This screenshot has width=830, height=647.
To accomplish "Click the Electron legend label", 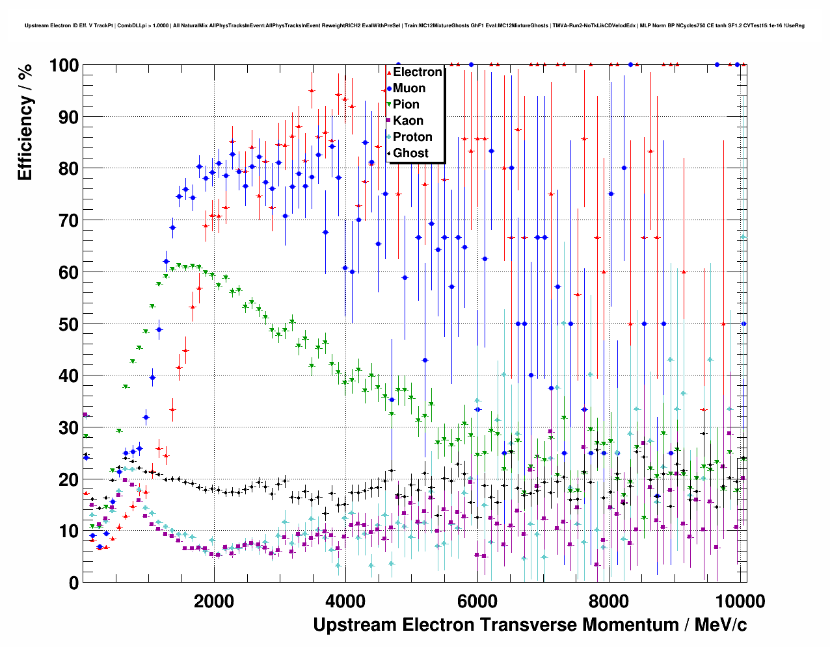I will pos(418,72).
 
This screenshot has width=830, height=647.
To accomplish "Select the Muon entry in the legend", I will pos(409,88).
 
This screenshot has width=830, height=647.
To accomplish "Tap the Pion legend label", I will pos(406,105).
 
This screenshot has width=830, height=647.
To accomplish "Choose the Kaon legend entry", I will pos(408,121).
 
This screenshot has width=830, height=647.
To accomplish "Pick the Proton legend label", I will pos(412,137).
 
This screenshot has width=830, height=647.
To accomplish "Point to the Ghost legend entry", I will pos(410,153).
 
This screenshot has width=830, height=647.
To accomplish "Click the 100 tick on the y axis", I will pos(64,66).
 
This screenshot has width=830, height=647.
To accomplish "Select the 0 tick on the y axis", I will pos(74,583).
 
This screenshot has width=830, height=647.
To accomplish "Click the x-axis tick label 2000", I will pos(214,601).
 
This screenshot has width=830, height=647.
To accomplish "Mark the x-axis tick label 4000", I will pos(345,601).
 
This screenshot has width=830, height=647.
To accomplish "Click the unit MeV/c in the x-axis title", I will pos(721,625).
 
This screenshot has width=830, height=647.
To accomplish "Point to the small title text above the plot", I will pos(414,26).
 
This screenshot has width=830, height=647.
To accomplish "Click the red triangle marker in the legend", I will pos(389,73).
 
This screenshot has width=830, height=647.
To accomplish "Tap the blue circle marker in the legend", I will pos(389,89).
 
